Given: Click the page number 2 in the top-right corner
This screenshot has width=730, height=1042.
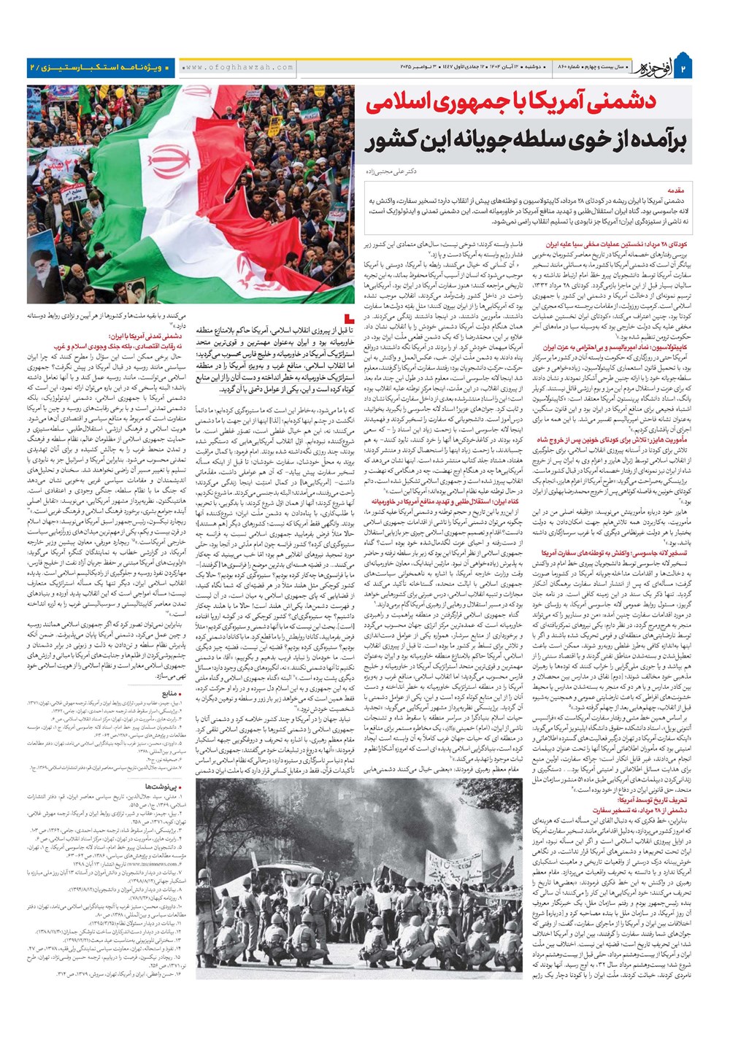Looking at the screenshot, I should coord(704,69).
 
